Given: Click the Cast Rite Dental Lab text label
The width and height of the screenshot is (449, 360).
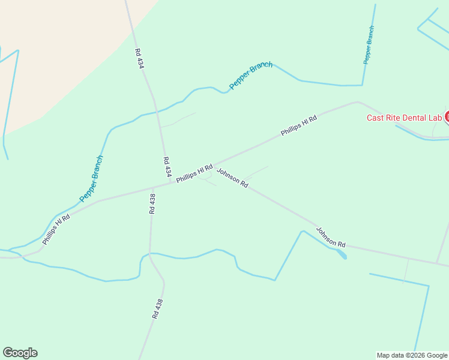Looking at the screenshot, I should (404, 118).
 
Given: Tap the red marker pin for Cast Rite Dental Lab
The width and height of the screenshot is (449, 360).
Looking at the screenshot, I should (447, 117).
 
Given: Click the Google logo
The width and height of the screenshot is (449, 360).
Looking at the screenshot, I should (20, 353).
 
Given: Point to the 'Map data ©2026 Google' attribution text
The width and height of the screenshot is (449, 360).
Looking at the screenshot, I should (412, 355).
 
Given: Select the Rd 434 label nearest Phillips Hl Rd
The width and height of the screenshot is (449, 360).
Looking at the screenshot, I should (167, 166).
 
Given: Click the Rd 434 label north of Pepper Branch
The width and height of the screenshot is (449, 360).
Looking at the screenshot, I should (139, 58).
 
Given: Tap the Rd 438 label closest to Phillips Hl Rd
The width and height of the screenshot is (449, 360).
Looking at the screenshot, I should (152, 204).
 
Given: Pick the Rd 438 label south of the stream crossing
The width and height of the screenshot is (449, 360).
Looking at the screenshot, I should (158, 308).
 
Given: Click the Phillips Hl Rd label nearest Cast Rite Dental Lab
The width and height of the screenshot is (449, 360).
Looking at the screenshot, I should (298, 125).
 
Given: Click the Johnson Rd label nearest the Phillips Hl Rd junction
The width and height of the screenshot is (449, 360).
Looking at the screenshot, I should (232, 178).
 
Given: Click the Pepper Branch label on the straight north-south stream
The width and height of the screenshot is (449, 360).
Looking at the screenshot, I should (369, 45).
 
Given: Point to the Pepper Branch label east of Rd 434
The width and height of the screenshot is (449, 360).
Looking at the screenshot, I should (251, 76).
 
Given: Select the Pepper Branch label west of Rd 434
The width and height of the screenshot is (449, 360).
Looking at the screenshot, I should (91, 178).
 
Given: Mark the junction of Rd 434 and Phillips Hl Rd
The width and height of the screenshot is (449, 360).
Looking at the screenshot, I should (171, 183).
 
